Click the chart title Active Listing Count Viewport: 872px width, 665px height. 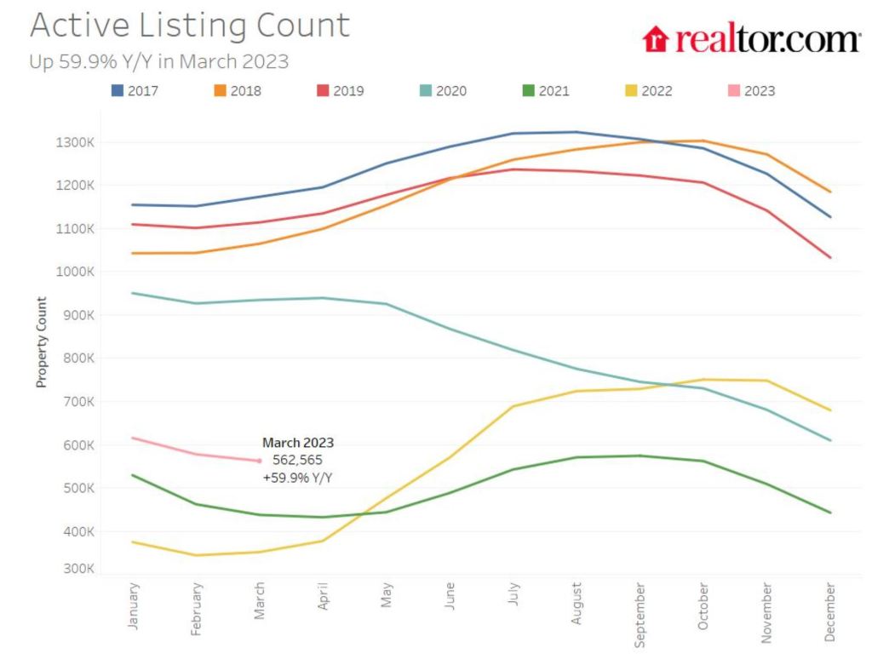coord(189,26)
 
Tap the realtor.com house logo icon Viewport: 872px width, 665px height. coord(656,39)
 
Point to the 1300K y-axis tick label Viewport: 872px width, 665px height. coord(75,142)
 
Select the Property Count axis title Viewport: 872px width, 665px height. coord(40,342)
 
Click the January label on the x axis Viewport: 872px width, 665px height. coord(133,605)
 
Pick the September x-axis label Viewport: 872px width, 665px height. coord(640,613)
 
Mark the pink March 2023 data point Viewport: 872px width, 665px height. coord(259,461)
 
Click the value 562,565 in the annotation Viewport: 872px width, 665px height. coord(297,460)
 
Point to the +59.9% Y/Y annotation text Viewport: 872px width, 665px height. coord(297,478)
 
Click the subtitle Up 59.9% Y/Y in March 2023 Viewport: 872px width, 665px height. coord(159,62)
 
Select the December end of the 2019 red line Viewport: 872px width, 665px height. coord(830,257)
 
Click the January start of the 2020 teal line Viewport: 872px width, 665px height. coord(133,293)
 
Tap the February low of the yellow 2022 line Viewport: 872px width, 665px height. coord(196,555)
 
